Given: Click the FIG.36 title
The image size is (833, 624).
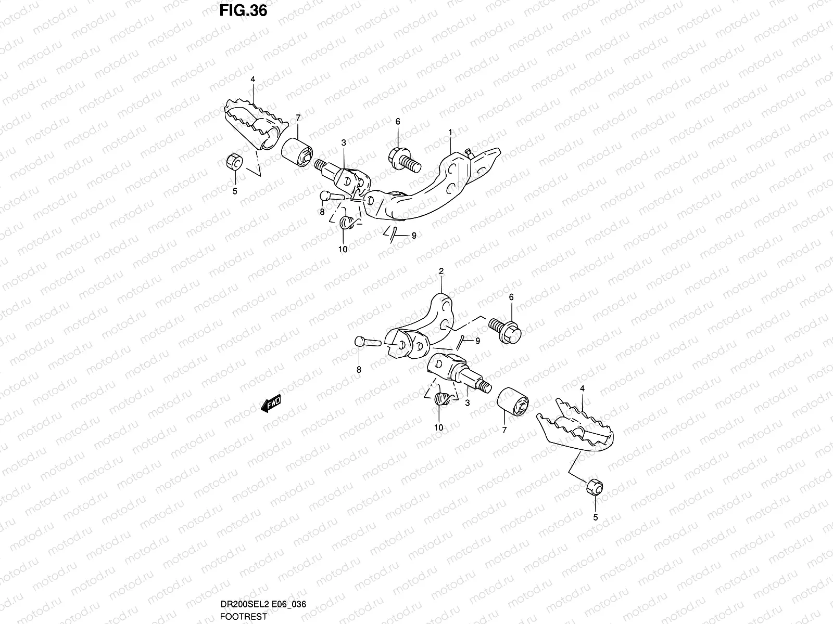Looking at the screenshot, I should [x=243, y=10].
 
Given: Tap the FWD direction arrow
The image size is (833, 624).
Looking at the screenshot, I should [x=271, y=404].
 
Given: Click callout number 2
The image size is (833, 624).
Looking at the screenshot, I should [x=441, y=271].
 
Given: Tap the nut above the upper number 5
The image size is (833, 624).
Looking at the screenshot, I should [x=234, y=162].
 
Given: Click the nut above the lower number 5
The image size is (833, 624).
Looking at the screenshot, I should [x=595, y=488].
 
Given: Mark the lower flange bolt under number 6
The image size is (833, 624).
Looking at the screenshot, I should [x=504, y=330].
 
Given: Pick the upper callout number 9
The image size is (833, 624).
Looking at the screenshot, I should [x=413, y=236].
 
